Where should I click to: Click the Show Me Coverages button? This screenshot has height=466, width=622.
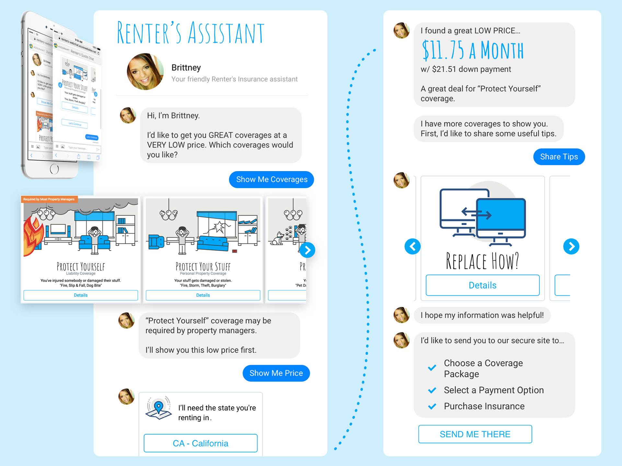(x=271, y=180)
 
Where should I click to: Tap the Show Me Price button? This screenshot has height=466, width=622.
(x=276, y=373)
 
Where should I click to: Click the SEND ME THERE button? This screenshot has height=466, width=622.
(x=475, y=434)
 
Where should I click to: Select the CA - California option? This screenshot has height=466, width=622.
(x=201, y=443)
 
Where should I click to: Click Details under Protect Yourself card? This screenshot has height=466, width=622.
(x=81, y=295)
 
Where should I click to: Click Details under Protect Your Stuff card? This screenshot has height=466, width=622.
(x=203, y=295)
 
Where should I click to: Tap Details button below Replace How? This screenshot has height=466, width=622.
(x=482, y=285)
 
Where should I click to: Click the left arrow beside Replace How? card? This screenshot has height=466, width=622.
(x=412, y=247)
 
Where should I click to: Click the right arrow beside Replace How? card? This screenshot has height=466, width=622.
(x=571, y=247)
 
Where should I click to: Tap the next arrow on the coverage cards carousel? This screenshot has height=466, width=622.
(x=307, y=250)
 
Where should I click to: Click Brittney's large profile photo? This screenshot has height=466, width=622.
(x=145, y=72)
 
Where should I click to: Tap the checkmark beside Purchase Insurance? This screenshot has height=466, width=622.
(x=432, y=406)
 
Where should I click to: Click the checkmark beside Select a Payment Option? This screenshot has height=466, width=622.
(x=432, y=390)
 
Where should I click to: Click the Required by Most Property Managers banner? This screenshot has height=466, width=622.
(x=49, y=199)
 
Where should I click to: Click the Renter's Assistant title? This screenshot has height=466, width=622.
(x=190, y=33)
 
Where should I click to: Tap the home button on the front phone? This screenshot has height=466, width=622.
(x=54, y=169)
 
